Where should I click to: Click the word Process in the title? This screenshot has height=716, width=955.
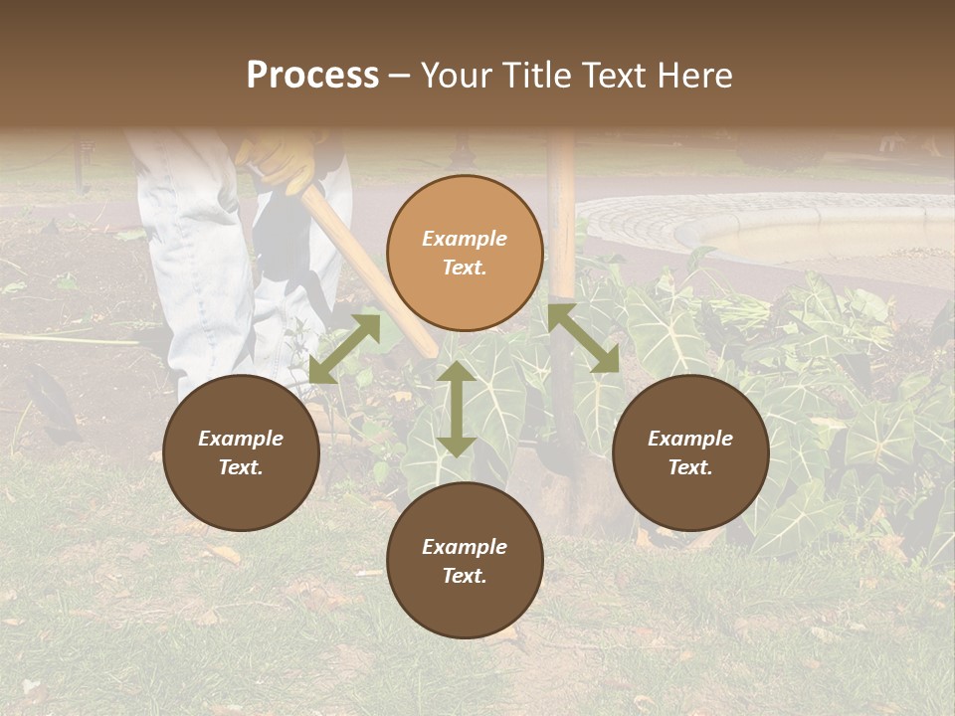[312, 76]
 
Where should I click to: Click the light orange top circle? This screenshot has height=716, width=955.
[465, 254]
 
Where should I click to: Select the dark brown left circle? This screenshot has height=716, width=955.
[241, 453]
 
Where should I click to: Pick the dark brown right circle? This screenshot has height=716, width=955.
[690, 453]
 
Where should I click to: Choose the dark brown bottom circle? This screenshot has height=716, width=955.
[465, 561]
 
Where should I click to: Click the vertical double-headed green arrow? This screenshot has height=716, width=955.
[456, 409]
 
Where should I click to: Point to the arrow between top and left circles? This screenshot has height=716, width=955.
[344, 349]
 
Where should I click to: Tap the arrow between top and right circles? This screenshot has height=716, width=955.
[584, 339]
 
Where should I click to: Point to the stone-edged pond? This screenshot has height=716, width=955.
[786, 234]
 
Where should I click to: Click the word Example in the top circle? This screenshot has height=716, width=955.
[465, 239]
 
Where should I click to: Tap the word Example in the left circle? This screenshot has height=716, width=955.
[241, 439]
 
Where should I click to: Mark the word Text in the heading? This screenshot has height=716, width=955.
[610, 76]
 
